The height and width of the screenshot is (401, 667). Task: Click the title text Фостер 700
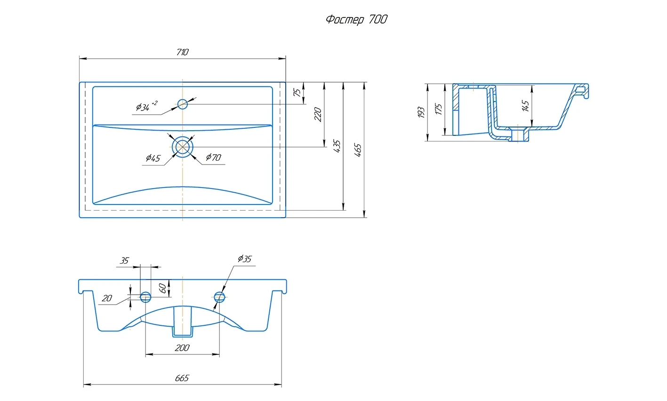[356, 20]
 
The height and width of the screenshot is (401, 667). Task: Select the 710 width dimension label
[182, 52]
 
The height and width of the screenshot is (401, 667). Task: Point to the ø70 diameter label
[213, 157]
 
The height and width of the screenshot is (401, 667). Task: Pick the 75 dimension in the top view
[297, 93]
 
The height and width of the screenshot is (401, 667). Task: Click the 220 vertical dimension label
[318, 114]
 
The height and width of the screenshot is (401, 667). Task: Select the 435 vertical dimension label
[337, 146]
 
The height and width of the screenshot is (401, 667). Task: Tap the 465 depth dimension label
[358, 149]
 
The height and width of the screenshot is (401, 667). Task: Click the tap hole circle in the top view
[183, 104]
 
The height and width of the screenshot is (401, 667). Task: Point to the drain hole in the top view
[183, 147]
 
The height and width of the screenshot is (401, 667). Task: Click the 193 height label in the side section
[421, 112]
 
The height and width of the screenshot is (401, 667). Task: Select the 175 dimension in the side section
[439, 110]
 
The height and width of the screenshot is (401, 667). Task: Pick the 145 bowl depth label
[526, 105]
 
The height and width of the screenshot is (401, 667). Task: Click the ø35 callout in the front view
[245, 259]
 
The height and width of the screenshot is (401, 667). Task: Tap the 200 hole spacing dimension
[182, 348]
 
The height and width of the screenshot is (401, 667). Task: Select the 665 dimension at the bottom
[182, 378]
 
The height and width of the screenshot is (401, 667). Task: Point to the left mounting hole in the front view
[146, 297]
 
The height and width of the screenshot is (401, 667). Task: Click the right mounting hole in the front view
[219, 297]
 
